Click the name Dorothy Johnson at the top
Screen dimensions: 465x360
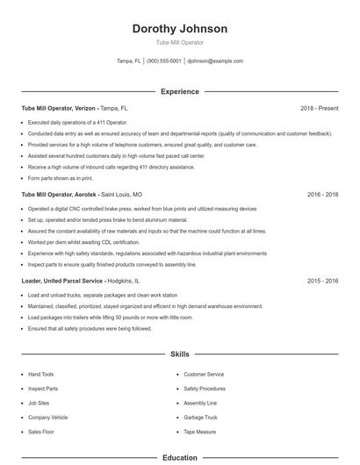[179, 28]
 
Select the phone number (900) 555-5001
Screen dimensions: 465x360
[164, 61]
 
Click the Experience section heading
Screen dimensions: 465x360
[179, 91]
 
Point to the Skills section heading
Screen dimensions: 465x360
[179, 354]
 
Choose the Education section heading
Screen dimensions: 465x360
[179, 457]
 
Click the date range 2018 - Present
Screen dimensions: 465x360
[319, 108]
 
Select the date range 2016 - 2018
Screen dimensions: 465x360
[322, 194]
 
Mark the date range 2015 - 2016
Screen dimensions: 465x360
[322, 281]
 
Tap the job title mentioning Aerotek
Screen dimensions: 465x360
[82, 194]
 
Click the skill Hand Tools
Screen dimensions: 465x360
[40, 374]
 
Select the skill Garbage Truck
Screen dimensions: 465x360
[200, 418]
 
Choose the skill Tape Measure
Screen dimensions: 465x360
[200, 432]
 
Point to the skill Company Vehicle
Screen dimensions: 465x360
[47, 418]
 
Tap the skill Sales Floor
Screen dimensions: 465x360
[40, 432]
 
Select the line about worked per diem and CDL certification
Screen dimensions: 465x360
[83, 242]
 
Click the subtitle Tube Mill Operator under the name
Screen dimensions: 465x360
[179, 42]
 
